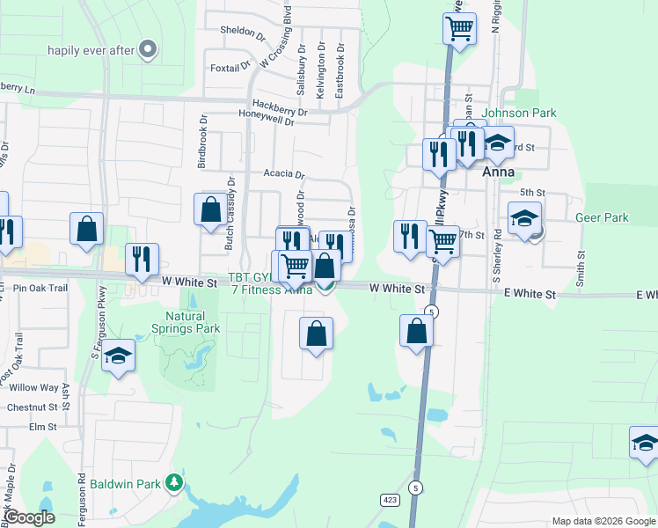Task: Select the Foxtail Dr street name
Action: pyautogui.click(x=230, y=68)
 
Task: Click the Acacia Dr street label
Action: pyautogui.click(x=283, y=174)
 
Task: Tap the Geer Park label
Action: pyautogui.click(x=602, y=217)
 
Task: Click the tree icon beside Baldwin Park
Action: pyautogui.click(x=175, y=483)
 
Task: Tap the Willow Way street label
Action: pyautogui.click(x=33, y=387)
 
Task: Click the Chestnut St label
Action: pyautogui.click(x=32, y=407)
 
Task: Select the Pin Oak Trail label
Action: pyautogui.click(x=40, y=288)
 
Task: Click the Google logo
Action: pyautogui.click(x=29, y=517)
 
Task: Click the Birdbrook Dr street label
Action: pyautogui.click(x=202, y=140)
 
